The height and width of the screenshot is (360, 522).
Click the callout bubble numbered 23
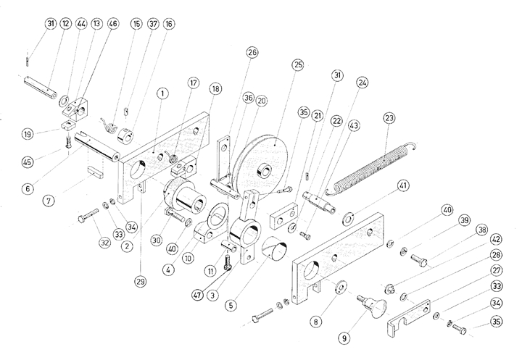tap(389, 118)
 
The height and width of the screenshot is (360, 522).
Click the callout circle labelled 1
tap(162, 93)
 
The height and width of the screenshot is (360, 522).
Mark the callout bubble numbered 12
tap(66, 24)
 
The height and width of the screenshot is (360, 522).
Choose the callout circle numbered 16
tap(168, 24)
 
